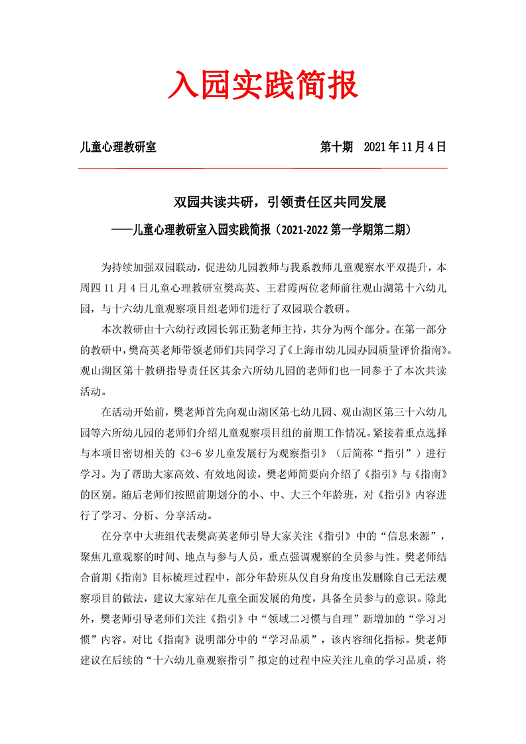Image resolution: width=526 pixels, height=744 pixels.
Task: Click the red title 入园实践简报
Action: click(x=263, y=86)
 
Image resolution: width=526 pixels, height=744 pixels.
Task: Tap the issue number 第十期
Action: click(x=336, y=147)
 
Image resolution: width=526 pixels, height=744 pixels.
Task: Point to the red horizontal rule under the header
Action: click(x=263, y=168)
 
